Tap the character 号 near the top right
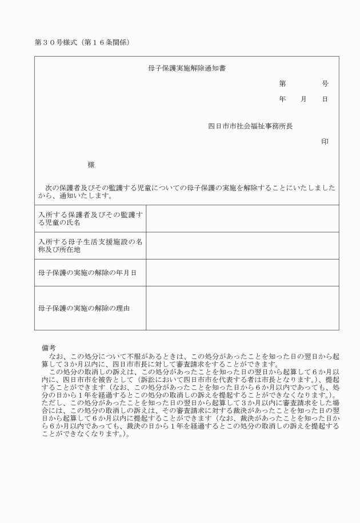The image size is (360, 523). [x=325, y=84]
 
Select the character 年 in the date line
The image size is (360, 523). [x=282, y=99]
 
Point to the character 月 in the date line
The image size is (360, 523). [x=303, y=99]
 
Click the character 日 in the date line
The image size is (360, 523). [x=325, y=99]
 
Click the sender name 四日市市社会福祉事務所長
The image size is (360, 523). [x=250, y=126]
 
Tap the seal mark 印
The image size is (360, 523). [x=325, y=141]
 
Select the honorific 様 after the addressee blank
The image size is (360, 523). [x=91, y=165]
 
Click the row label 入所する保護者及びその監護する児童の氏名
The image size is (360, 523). [x=90, y=218]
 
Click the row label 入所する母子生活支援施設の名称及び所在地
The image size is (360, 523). [x=90, y=245]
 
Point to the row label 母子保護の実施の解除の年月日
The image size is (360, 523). [x=87, y=273]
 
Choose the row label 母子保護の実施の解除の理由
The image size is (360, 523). [x=84, y=308]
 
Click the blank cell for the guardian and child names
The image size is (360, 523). [x=242, y=218]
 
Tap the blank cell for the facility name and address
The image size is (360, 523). [x=242, y=245]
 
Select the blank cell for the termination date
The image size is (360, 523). [x=242, y=273]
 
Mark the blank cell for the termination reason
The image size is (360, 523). [x=242, y=308]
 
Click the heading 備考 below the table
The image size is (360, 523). [x=49, y=347]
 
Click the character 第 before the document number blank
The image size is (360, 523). [x=282, y=84]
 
